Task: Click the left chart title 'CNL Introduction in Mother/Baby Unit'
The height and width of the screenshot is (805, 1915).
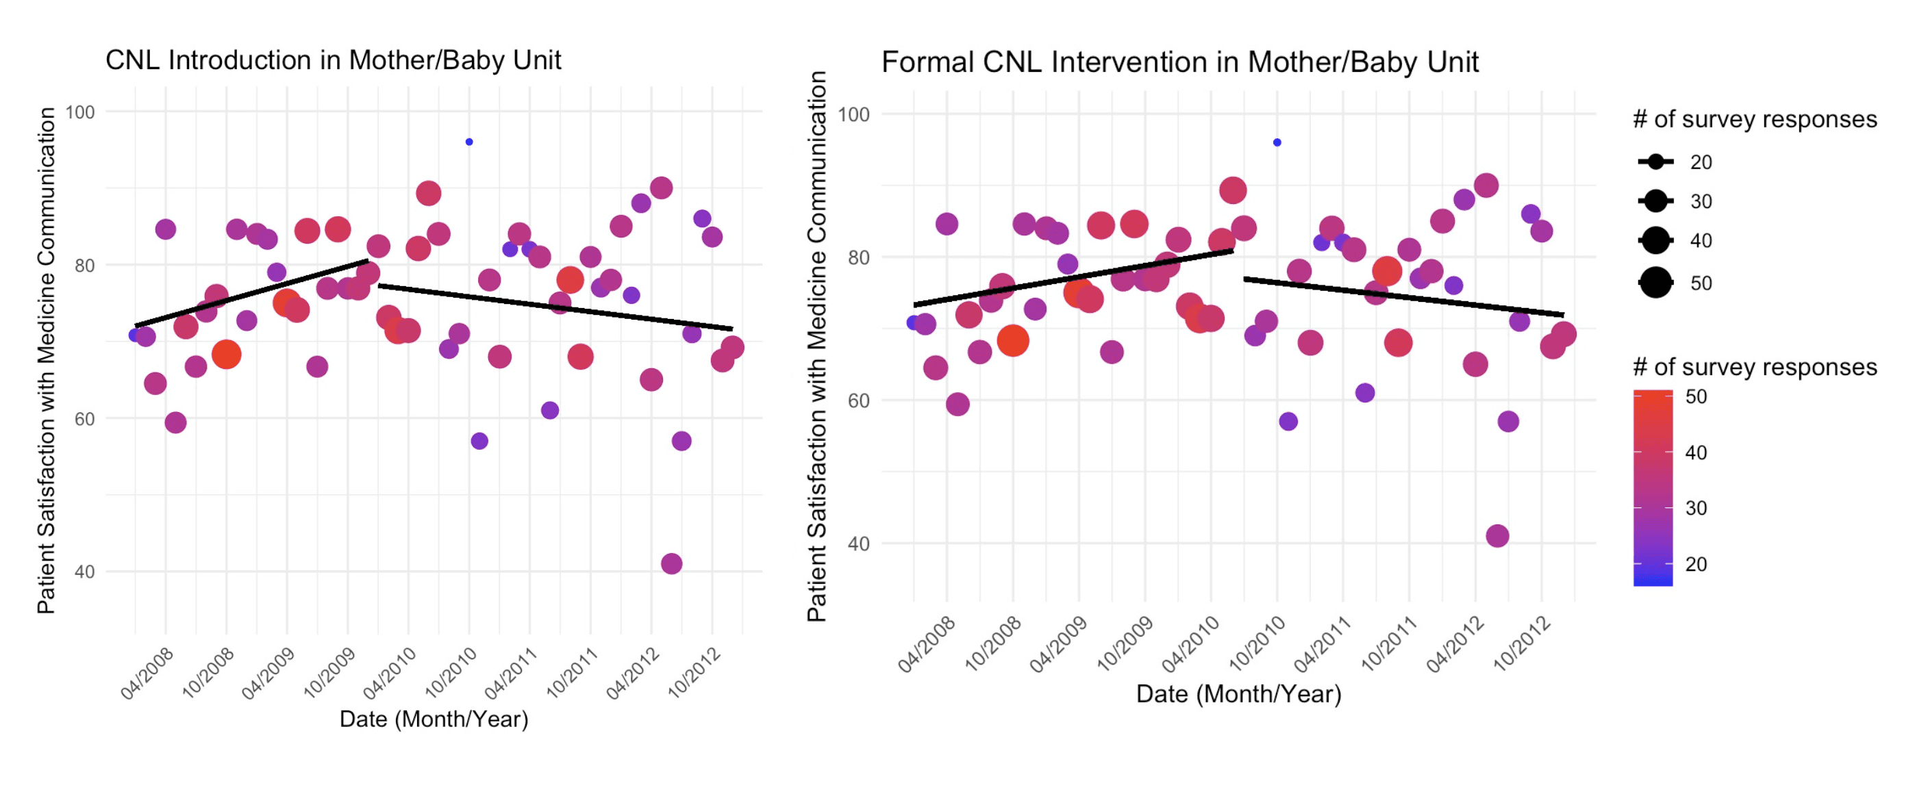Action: click(333, 60)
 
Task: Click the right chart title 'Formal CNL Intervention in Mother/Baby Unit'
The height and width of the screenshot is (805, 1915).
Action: click(1180, 62)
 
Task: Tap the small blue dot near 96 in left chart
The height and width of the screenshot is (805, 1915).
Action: click(469, 142)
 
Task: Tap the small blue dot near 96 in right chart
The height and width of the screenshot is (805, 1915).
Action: click(1277, 142)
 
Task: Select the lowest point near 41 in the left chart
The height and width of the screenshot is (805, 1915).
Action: click(671, 563)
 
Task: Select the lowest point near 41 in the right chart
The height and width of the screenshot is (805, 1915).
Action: click(1497, 536)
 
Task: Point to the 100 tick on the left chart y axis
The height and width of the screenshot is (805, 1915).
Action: click(80, 112)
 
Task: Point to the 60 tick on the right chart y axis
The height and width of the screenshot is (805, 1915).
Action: click(859, 400)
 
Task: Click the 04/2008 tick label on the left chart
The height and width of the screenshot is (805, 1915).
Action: click(147, 673)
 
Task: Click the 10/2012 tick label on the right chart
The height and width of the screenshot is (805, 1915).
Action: click(1523, 643)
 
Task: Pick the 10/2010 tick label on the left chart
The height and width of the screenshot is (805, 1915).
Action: click(451, 673)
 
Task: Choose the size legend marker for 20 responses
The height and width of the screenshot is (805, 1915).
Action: click(1655, 162)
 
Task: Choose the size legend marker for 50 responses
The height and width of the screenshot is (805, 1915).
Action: click(1655, 283)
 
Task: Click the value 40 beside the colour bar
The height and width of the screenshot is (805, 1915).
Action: click(1696, 452)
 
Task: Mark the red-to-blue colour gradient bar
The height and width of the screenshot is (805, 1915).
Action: click(1653, 488)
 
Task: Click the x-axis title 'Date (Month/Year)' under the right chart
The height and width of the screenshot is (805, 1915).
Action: click(1238, 694)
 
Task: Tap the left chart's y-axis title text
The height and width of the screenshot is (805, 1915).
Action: click(46, 361)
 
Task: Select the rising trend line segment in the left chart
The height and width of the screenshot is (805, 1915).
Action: click(251, 293)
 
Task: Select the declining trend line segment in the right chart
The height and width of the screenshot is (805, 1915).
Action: click(1403, 296)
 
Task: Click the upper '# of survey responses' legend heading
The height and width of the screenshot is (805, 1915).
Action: click(1755, 119)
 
